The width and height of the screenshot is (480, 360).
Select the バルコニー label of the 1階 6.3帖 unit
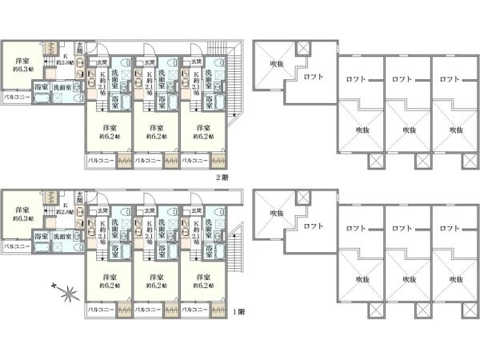pos(17,247)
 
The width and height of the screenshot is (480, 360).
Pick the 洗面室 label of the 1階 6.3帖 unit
pos(62,236)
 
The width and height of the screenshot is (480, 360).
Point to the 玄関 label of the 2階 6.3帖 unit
pos(80,44)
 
